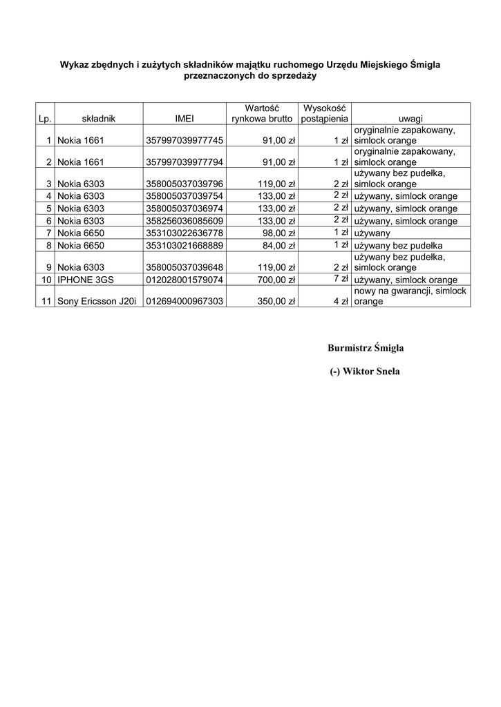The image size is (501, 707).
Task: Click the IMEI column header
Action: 185,119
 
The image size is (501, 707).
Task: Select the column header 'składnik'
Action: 98,119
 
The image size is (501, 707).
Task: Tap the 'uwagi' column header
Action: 410,119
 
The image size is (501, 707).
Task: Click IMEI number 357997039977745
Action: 185,141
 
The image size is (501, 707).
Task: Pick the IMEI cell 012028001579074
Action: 185,280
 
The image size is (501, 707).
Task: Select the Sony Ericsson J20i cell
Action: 97,302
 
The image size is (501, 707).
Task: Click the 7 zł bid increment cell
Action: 341,278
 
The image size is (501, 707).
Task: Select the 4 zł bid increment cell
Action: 341,302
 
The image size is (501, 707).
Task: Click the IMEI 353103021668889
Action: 185,245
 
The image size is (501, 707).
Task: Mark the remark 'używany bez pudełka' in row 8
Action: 398,245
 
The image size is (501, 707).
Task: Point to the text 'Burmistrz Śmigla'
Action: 366,347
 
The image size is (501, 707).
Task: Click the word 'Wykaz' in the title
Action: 75,64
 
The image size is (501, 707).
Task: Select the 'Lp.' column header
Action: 45,119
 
